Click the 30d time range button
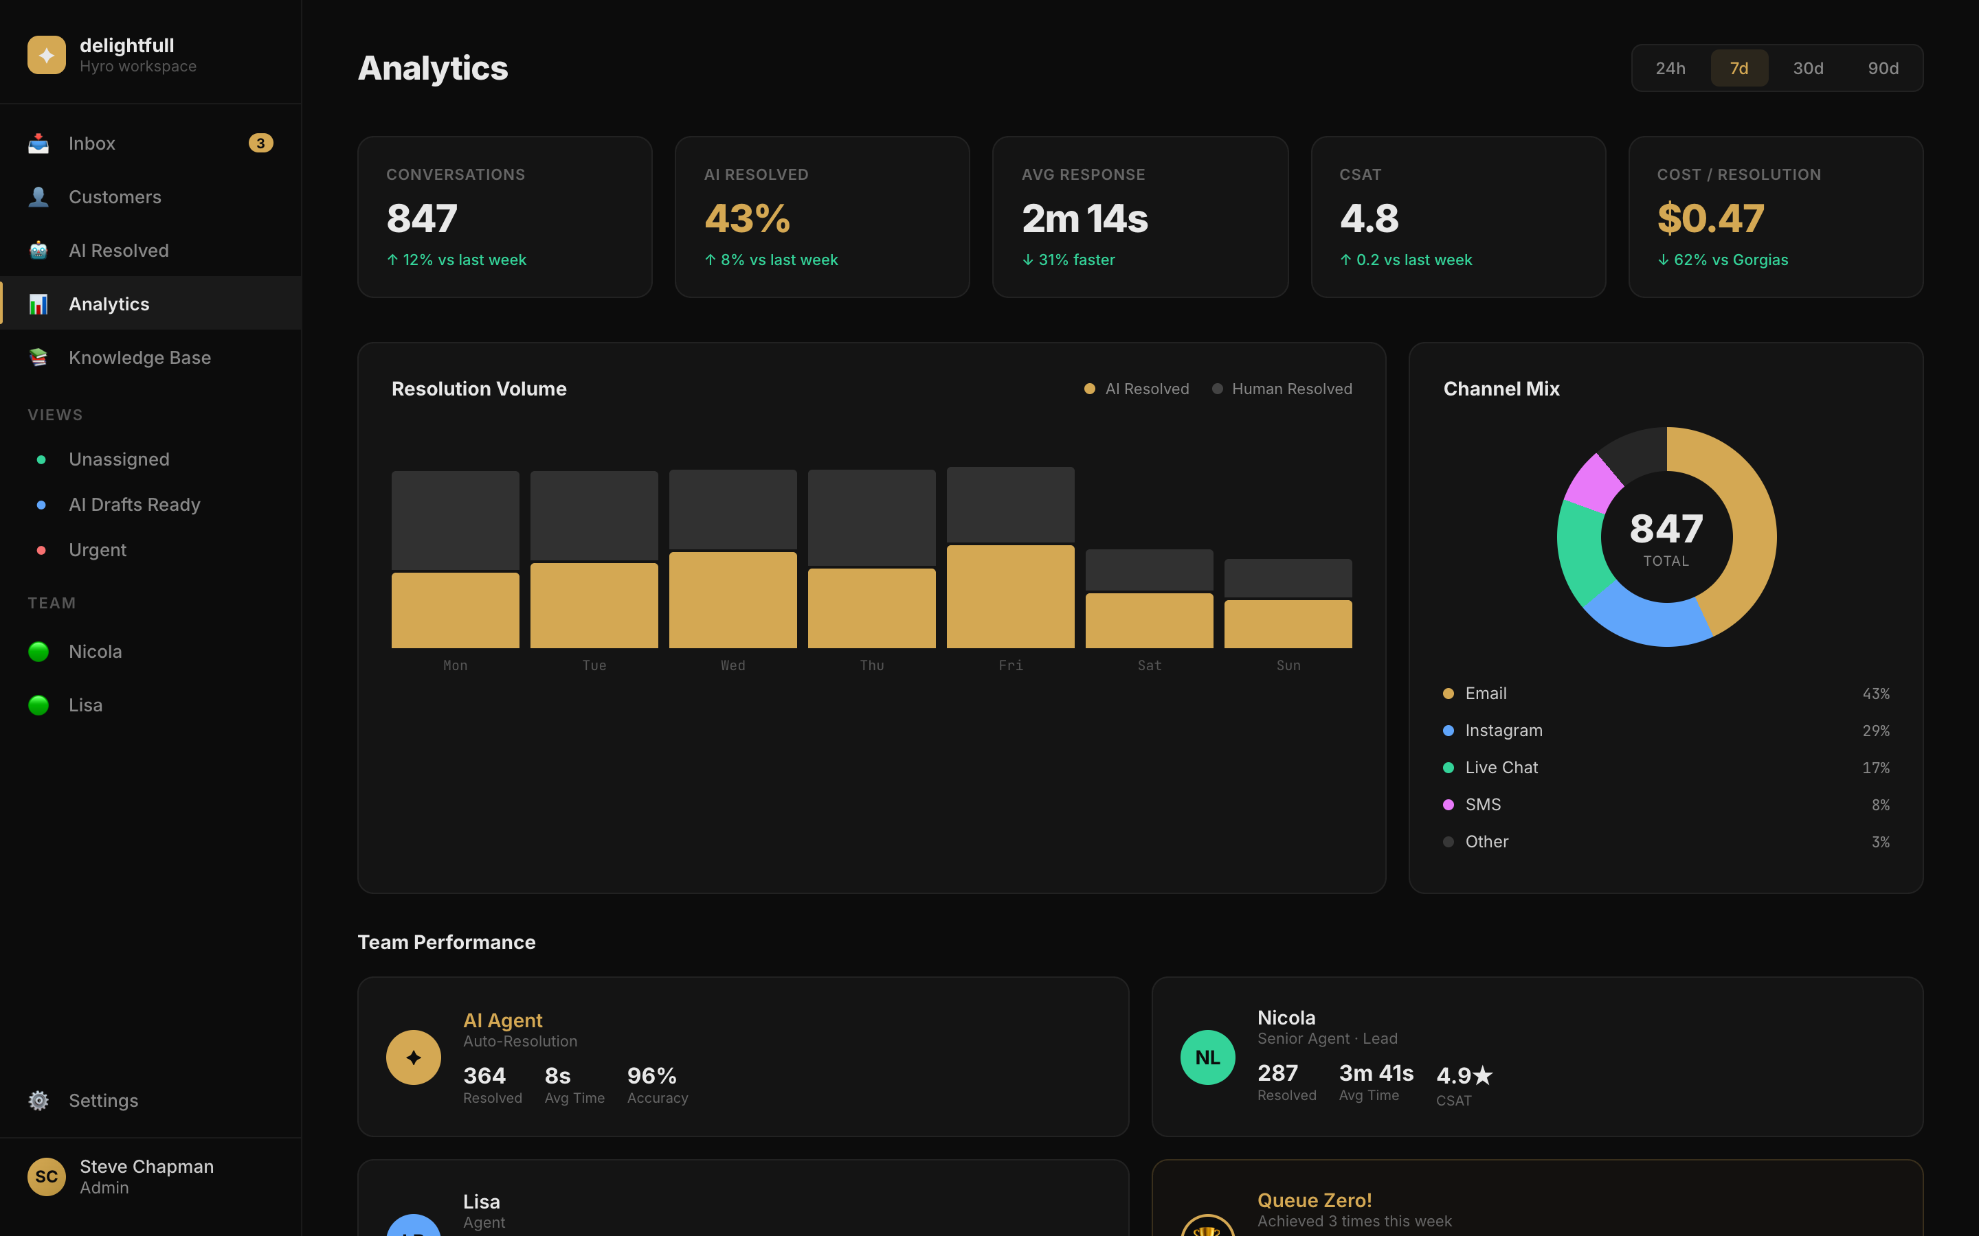pos(1807,68)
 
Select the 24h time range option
pos(1670,68)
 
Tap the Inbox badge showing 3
pos(260,143)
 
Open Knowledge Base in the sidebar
pos(139,357)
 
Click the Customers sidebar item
pos(115,197)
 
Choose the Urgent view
pos(98,549)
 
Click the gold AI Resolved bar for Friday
pos(1010,597)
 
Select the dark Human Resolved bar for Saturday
pos(1149,570)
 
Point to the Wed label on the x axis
pos(733,665)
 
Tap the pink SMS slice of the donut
pos(1592,482)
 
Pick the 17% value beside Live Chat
pos(1875,768)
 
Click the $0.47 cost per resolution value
pos(1710,218)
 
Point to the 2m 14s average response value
pos(1084,218)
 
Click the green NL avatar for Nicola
pos(1207,1057)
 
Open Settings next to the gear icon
pos(103,1100)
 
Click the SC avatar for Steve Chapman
pos(47,1176)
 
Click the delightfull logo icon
pos(47,55)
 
